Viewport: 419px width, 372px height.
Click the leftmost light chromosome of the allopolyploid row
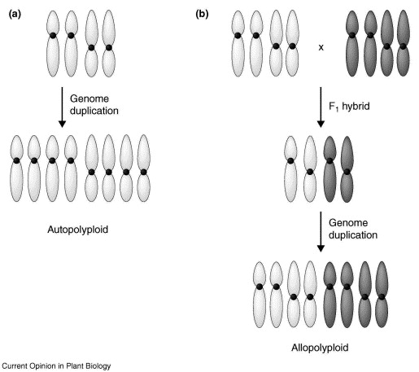pos(260,289)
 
